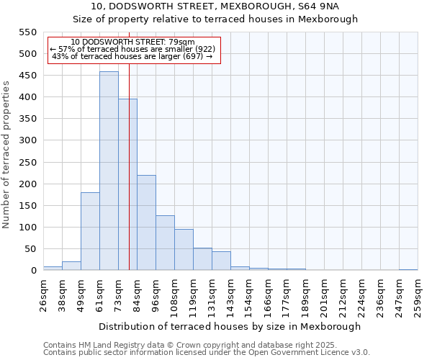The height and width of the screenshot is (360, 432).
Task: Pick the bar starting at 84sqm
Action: (x=146, y=223)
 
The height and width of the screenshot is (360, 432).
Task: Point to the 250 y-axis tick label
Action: (x=27, y=163)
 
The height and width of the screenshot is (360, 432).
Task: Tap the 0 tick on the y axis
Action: (x=34, y=271)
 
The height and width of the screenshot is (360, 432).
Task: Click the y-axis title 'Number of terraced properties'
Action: (x=6, y=155)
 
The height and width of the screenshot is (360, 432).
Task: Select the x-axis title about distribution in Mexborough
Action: (x=230, y=326)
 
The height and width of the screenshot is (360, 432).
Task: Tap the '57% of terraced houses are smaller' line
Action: (x=132, y=49)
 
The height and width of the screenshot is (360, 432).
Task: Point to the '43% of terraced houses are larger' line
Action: (x=132, y=56)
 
